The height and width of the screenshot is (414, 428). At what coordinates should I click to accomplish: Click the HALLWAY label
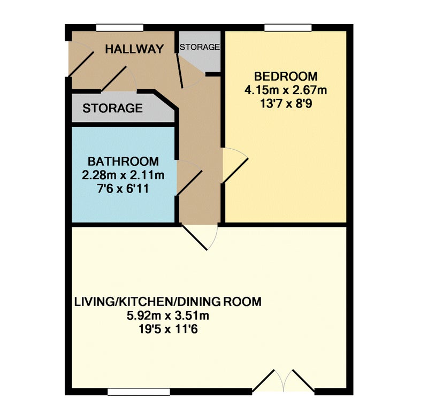[134, 49]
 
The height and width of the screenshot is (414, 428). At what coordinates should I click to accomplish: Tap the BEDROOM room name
[286, 76]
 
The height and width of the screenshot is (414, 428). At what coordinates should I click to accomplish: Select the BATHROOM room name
[123, 162]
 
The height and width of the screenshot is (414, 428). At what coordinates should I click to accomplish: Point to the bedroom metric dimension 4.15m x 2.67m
[286, 90]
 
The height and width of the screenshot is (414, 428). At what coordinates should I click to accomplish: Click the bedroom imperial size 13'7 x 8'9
[286, 104]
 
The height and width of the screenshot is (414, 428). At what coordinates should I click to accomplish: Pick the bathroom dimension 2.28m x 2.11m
[123, 175]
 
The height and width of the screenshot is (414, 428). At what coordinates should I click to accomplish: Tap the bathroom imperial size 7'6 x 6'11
[123, 189]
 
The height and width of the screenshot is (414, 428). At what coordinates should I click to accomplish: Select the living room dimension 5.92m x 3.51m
[168, 316]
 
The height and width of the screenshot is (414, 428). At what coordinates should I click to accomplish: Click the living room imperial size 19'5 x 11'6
[168, 329]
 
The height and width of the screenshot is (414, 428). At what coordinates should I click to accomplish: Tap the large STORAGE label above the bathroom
[112, 109]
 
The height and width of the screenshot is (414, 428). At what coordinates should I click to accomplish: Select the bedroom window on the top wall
[288, 28]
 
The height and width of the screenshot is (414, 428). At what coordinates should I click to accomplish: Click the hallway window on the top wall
[120, 28]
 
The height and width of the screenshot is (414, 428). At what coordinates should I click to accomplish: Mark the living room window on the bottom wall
[139, 392]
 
